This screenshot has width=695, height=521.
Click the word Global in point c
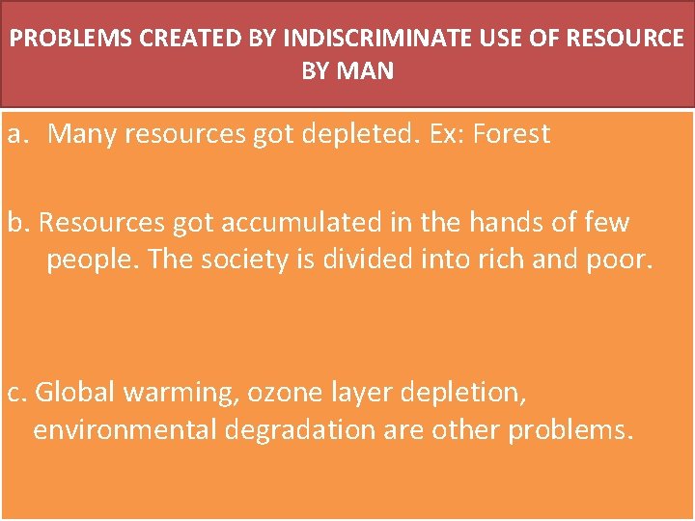pos(75,392)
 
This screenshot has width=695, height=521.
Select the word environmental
pos(124,429)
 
